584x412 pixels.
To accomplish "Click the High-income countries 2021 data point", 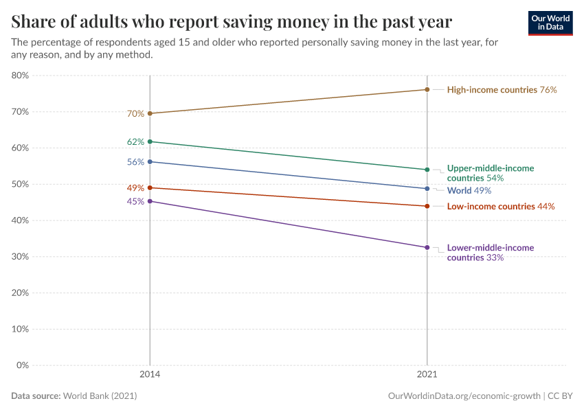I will click(427, 89).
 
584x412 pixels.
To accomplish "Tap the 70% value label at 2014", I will click(135, 114).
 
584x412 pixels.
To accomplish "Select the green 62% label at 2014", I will click(135, 142).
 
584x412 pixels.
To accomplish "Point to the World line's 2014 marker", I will click(150, 162).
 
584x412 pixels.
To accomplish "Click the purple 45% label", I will click(135, 202).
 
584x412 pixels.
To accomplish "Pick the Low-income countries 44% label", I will click(500, 207).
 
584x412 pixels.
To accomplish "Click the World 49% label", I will click(469, 191).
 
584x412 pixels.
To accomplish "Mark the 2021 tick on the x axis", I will click(427, 376).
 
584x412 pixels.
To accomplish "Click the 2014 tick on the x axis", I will click(150, 376).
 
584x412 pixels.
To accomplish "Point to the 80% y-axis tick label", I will click(21, 76).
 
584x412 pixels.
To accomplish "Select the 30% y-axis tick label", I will click(21, 257).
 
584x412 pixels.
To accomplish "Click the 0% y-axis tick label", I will click(23, 365).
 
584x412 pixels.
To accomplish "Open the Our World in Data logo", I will click(550, 23).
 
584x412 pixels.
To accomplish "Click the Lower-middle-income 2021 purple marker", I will click(427, 248).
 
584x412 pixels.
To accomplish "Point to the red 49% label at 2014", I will click(135, 188).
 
